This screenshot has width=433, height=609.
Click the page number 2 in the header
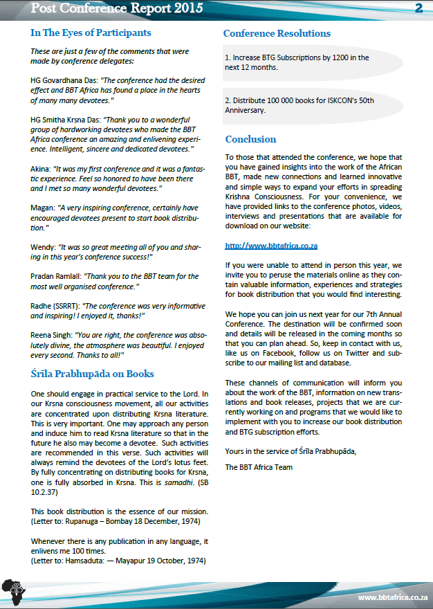(418, 8)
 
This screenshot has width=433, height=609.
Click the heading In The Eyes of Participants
(91, 33)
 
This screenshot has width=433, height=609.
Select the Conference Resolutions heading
(277, 33)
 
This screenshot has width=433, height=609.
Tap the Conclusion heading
(250, 139)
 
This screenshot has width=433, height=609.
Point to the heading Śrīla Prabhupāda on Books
(92, 374)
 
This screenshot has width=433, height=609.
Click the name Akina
(42, 168)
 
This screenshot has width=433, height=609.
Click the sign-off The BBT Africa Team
(259, 467)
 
